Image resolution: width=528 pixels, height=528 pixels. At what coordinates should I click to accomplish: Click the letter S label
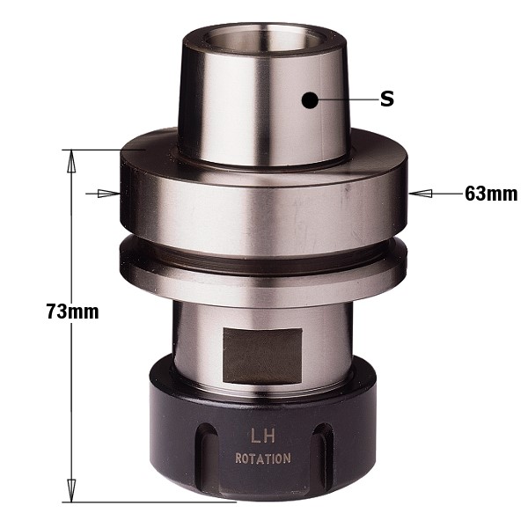pos(387,99)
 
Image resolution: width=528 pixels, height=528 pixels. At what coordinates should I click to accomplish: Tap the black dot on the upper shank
pos(310,100)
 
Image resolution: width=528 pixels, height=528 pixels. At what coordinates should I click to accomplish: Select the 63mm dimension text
pos(491,194)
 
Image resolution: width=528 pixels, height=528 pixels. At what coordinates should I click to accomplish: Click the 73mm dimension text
pos(73,312)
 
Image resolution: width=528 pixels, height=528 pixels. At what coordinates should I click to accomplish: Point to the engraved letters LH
pos(263,436)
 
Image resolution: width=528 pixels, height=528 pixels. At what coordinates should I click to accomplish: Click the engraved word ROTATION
pos(263,458)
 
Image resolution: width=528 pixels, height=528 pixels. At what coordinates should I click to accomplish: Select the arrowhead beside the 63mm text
pos(421,194)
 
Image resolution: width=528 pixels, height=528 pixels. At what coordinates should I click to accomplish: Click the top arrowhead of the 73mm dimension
pos(71,161)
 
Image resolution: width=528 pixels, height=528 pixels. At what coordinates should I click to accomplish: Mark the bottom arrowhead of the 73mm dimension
pos(71,490)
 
